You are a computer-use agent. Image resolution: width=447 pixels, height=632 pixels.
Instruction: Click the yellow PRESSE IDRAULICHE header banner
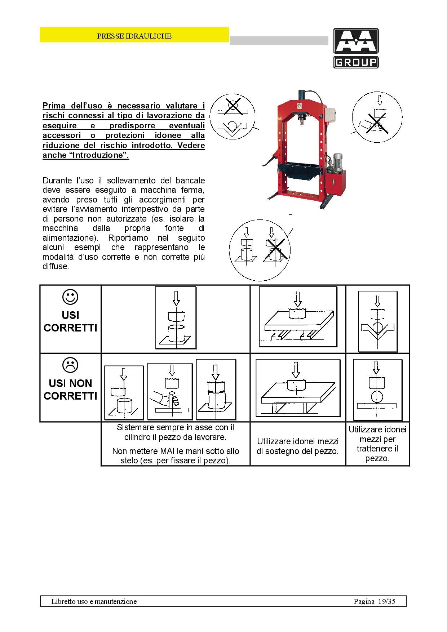click(x=134, y=35)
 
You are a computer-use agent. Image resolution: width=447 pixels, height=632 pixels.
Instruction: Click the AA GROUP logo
click(x=356, y=48)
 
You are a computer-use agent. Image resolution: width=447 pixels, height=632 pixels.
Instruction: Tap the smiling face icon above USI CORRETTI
click(x=70, y=297)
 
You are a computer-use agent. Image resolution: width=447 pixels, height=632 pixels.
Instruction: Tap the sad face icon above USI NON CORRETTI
click(x=70, y=365)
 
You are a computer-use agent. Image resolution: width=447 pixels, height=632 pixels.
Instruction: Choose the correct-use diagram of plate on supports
click(x=298, y=317)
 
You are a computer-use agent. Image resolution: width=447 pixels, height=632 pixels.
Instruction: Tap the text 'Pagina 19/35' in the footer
click(x=374, y=601)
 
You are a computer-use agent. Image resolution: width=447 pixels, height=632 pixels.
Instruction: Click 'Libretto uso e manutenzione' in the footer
click(x=94, y=601)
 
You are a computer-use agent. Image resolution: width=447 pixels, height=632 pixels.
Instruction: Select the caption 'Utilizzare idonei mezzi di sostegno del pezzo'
click(x=298, y=446)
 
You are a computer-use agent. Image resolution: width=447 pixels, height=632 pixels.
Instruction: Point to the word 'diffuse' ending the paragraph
click(x=56, y=267)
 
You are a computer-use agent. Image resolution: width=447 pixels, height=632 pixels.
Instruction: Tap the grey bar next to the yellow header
click(x=279, y=40)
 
